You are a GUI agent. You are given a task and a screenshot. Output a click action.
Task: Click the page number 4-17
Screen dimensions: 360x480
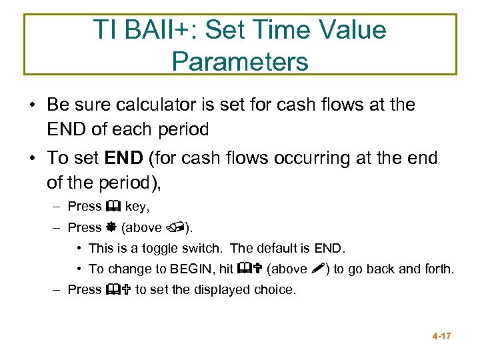pos(441,336)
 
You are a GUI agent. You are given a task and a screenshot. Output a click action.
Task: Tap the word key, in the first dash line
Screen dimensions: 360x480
pos(137,207)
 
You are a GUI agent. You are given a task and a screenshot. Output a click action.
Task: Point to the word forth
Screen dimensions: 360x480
pos(439,269)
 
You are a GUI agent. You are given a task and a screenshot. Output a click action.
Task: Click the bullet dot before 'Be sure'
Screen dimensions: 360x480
pos(32,105)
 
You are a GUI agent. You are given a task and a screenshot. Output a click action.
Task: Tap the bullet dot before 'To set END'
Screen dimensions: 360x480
pos(32,159)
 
